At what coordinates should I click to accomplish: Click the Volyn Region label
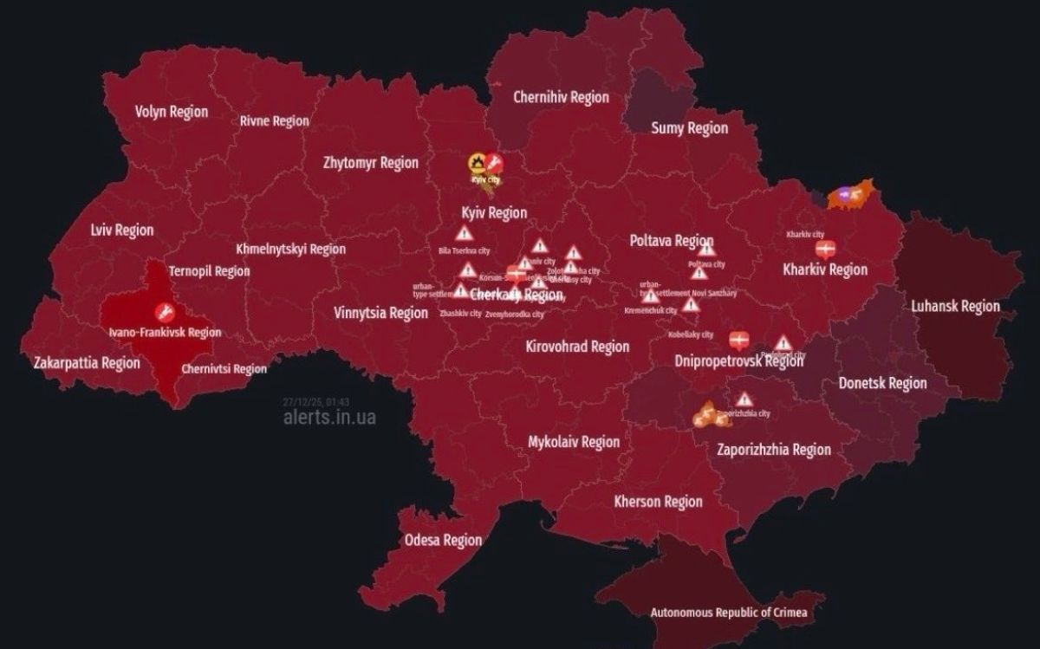pyautogui.click(x=172, y=111)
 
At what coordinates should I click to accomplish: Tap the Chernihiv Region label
pyautogui.click(x=561, y=97)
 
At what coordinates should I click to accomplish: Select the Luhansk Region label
pyautogui.click(x=955, y=306)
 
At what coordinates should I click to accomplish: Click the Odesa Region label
pyautogui.click(x=443, y=540)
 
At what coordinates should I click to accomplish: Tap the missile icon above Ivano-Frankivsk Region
pyautogui.click(x=161, y=312)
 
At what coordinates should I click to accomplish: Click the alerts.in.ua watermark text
pyautogui.click(x=329, y=418)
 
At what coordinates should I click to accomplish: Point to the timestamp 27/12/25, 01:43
pyautogui.click(x=315, y=402)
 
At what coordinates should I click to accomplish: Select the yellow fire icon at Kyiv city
pyautogui.click(x=477, y=161)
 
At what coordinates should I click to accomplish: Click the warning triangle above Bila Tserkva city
pyautogui.click(x=465, y=233)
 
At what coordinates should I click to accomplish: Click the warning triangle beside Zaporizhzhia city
pyautogui.click(x=744, y=399)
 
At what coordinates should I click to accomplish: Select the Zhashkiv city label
pyautogui.click(x=460, y=314)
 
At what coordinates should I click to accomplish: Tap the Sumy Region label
pyautogui.click(x=689, y=128)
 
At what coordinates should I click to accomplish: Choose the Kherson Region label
pyautogui.click(x=658, y=501)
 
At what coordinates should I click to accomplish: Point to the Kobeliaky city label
pyautogui.click(x=691, y=334)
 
